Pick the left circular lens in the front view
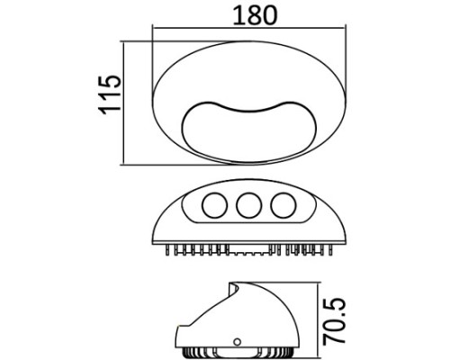tap(214, 205)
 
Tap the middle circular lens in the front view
tap(248, 205)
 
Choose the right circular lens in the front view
tap(283, 205)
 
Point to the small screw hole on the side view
tap(237, 342)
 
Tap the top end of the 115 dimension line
tap(125, 40)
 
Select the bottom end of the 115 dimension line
tap(125, 164)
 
